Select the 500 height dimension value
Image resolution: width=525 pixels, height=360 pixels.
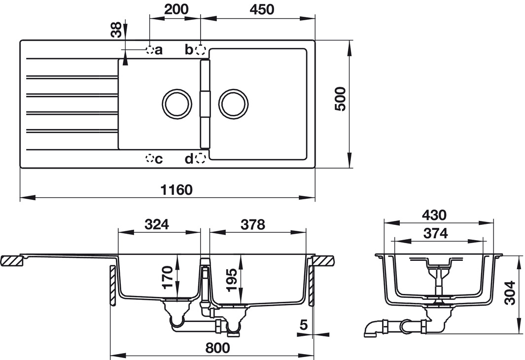(x=340, y=99)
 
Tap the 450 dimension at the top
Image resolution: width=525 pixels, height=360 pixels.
(x=260, y=9)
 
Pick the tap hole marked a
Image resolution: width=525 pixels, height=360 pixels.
(x=149, y=50)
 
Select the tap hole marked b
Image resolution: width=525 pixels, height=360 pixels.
(x=200, y=50)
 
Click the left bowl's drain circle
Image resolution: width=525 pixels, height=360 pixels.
(x=177, y=104)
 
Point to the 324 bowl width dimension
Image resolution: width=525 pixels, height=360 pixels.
(x=157, y=224)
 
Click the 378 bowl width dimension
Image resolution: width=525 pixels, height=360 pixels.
(x=253, y=224)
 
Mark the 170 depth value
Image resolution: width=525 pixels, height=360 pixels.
(x=168, y=277)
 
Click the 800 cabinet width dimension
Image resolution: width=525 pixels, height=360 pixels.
(x=217, y=347)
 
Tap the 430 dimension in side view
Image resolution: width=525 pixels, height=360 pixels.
(x=434, y=215)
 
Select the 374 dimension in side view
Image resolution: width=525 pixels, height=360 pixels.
(x=435, y=233)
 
